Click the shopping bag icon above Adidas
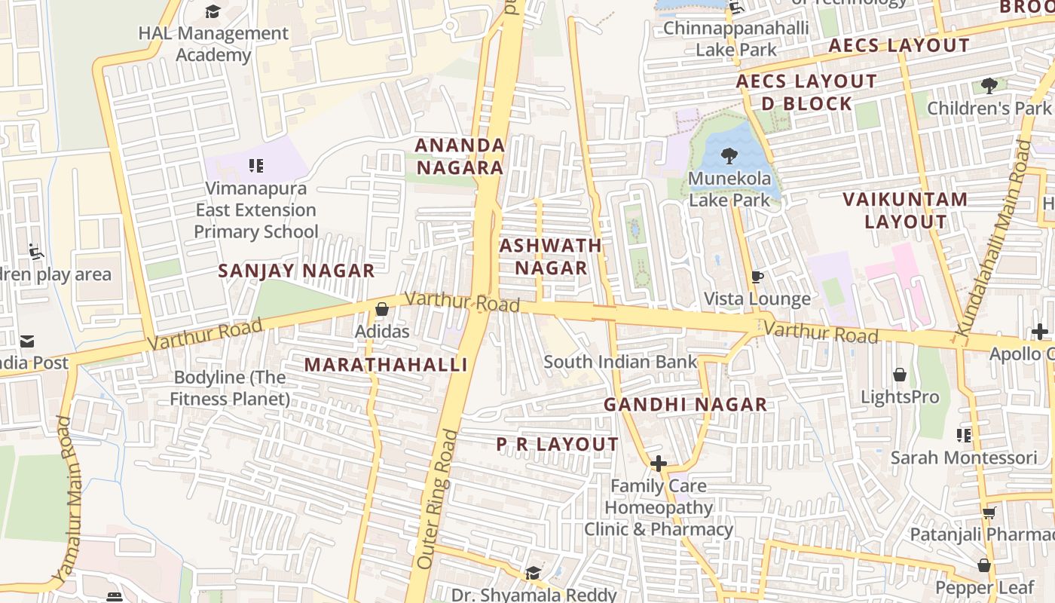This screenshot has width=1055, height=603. (382, 309)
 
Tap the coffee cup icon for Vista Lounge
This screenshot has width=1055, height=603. (757, 277)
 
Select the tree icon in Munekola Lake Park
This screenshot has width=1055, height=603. (729, 156)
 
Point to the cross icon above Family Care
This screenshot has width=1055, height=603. (658, 464)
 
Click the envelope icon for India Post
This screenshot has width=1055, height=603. (27, 341)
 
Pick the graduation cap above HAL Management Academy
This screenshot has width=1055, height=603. (213, 11)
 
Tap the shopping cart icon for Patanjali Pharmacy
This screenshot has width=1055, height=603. (989, 513)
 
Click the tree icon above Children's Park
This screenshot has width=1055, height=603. (989, 86)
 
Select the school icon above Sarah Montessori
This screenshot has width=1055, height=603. (963, 435)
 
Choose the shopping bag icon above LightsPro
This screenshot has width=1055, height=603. (899, 375)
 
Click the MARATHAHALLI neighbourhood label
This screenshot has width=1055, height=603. (387, 365)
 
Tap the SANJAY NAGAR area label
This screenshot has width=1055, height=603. (296, 271)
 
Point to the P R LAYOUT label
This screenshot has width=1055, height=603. (557, 445)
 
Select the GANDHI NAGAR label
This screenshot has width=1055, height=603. (685, 405)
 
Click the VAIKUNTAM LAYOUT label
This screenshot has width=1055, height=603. (905, 210)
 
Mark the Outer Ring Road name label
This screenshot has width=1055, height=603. (436, 499)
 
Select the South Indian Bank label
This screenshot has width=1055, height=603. (620, 362)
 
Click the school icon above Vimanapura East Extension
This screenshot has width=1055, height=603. (256, 165)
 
